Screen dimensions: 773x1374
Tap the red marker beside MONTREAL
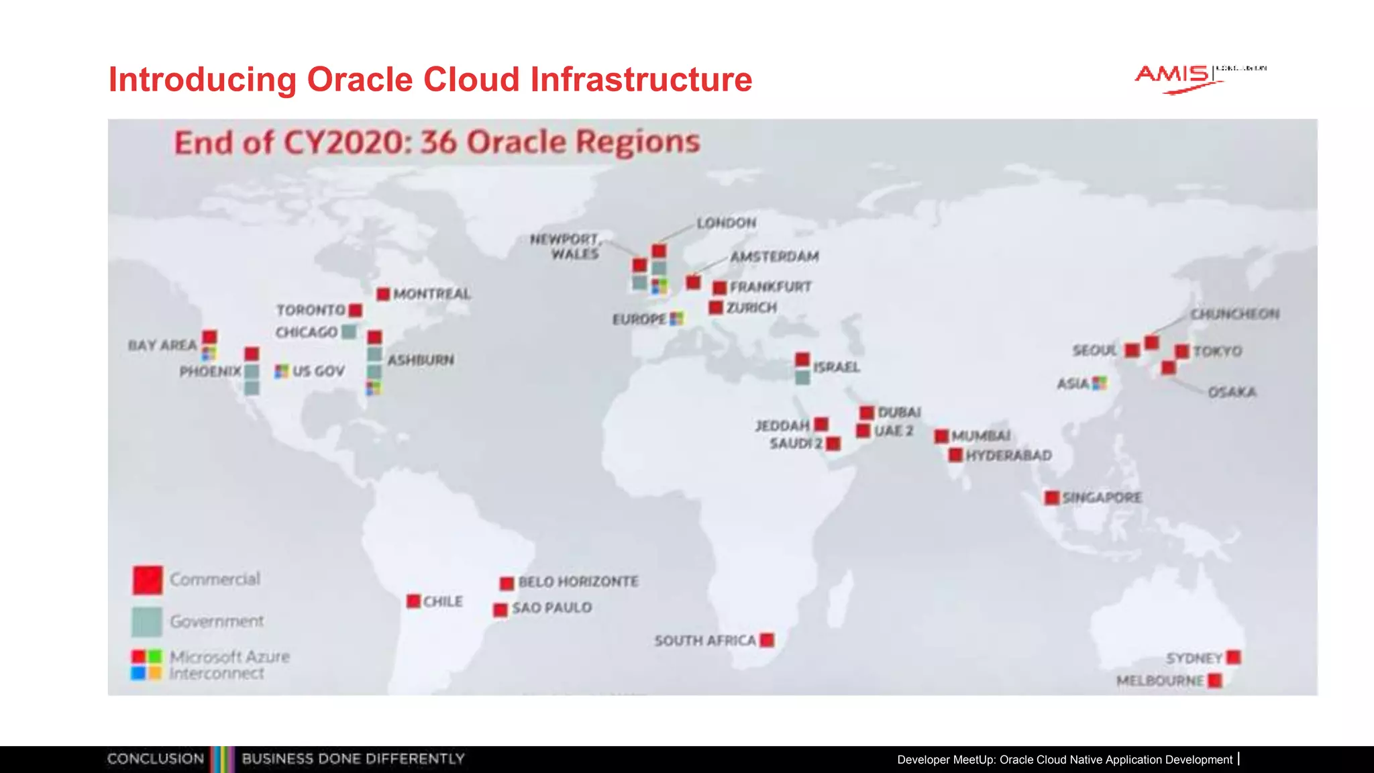(x=383, y=294)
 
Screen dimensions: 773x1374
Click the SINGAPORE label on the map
(x=1102, y=497)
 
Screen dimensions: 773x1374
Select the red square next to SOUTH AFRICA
(x=767, y=640)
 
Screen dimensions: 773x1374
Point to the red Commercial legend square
(x=148, y=580)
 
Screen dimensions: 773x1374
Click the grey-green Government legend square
(x=147, y=621)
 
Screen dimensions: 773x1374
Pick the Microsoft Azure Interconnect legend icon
(x=146, y=664)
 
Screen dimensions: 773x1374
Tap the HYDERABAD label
(x=1008, y=456)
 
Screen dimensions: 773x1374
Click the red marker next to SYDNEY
(x=1233, y=657)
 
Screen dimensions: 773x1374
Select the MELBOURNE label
(x=1159, y=680)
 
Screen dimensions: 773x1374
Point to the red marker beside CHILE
(x=413, y=601)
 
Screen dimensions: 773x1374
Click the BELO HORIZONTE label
(x=578, y=581)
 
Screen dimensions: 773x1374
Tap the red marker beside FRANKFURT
(x=719, y=288)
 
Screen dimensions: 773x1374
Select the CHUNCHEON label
(x=1234, y=314)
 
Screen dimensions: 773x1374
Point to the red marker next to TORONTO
(x=356, y=310)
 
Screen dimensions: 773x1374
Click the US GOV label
(x=318, y=371)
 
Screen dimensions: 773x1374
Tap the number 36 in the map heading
(x=439, y=142)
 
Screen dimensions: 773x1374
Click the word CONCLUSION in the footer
(x=156, y=759)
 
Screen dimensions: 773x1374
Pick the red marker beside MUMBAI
(x=941, y=436)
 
